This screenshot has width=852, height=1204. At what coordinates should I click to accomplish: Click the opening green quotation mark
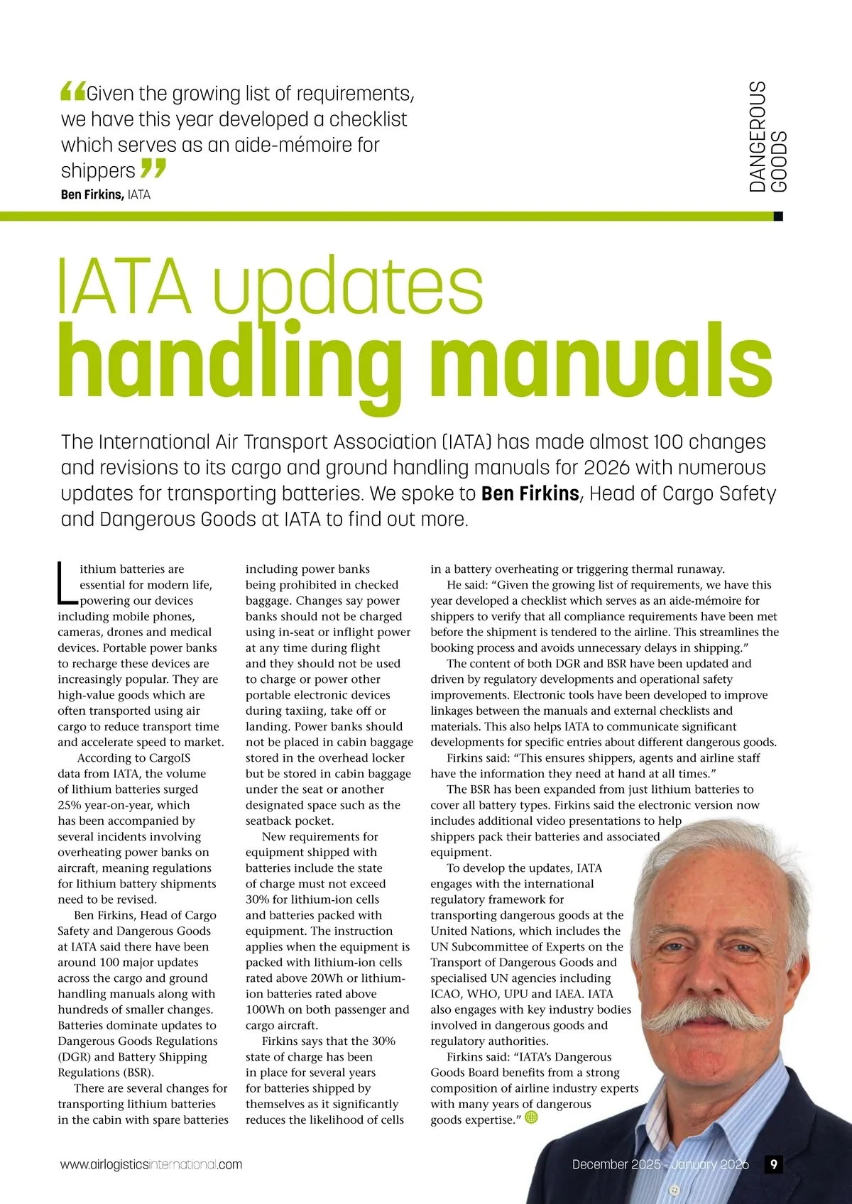[72, 91]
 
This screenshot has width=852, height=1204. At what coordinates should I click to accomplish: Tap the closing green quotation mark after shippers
[153, 169]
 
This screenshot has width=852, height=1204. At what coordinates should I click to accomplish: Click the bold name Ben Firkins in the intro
[530, 493]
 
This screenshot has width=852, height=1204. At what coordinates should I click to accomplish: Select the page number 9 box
[773, 1164]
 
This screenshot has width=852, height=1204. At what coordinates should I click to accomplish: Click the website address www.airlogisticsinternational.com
[151, 1165]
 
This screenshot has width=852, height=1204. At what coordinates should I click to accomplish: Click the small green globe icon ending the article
[530, 1117]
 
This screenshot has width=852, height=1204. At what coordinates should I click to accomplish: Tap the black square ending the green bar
[777, 217]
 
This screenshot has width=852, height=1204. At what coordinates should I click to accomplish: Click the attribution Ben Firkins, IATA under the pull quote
[106, 195]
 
